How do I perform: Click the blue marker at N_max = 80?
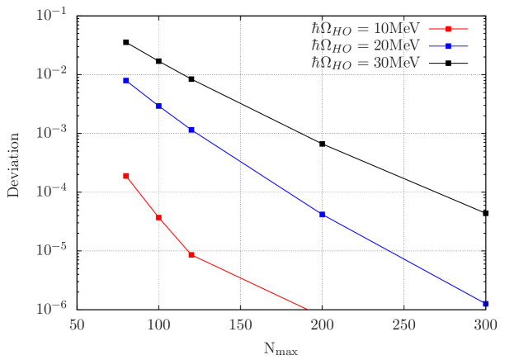pyautogui.click(x=126, y=81)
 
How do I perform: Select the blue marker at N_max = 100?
pyautogui.click(x=159, y=107)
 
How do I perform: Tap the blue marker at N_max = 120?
pyautogui.click(x=191, y=130)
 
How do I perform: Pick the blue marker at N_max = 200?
pyautogui.click(x=323, y=215)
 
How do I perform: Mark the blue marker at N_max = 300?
pyautogui.click(x=486, y=304)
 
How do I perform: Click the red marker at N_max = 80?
pyautogui.click(x=126, y=176)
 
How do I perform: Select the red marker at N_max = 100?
pyautogui.click(x=159, y=218)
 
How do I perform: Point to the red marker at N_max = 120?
pyautogui.click(x=191, y=255)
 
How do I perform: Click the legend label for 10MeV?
pyautogui.click(x=365, y=28)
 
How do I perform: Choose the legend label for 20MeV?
pyautogui.click(x=365, y=45)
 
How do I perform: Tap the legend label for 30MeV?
pyautogui.click(x=365, y=63)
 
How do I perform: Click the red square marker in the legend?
pyautogui.click(x=448, y=29)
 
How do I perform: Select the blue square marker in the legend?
pyautogui.click(x=448, y=46)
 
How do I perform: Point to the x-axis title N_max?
pyautogui.click(x=281, y=349)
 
